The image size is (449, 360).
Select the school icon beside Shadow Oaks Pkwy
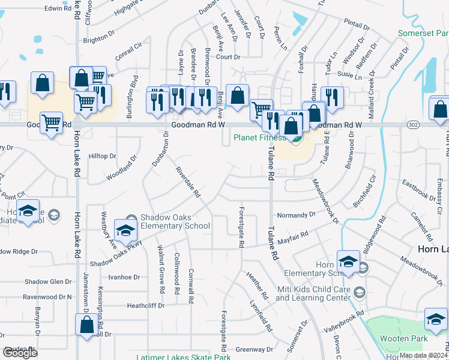click(x=126, y=230)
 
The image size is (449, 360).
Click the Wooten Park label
click(x=403, y=338)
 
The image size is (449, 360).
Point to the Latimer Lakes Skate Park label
click(x=183, y=357)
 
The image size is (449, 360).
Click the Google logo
click(x=20, y=353)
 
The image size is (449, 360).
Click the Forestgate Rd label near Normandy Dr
click(x=241, y=227)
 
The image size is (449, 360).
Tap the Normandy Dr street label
click(x=295, y=214)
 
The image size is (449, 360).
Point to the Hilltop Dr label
click(x=102, y=156)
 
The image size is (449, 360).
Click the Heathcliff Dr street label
click(x=145, y=305)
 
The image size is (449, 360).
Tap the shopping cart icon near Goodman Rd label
click(x=52, y=123)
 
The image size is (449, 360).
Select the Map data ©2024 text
click(x=423, y=355)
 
